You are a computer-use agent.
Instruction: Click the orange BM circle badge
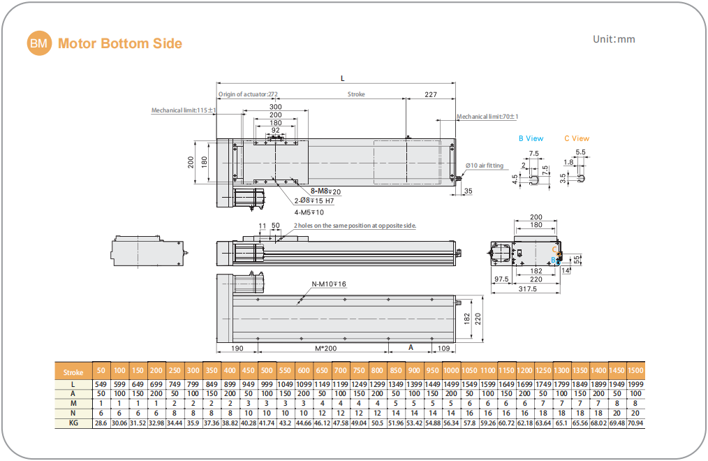pos(40,43)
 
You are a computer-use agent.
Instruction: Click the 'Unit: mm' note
pos(614,39)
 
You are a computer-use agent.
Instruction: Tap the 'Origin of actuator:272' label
pos(248,94)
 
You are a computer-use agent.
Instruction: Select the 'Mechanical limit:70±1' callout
pos(487,117)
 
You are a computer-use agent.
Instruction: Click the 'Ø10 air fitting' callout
pos(485,166)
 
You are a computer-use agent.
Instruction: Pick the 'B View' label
pos(531,138)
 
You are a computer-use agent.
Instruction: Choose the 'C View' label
pos(577,138)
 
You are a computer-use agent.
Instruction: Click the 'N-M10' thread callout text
pos(328,284)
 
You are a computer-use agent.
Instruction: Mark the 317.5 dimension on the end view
pos(527,288)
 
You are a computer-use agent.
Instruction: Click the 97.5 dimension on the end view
pos(500,279)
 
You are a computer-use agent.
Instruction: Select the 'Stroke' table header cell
pos(73,372)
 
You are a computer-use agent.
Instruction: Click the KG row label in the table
pos(73,423)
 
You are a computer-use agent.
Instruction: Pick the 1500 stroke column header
pos(635,370)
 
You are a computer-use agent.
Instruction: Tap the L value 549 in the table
pos(101,384)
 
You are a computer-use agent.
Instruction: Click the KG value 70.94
pos(635,423)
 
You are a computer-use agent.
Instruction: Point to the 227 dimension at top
pos(430,94)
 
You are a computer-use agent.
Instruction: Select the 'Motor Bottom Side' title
pos(120,44)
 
